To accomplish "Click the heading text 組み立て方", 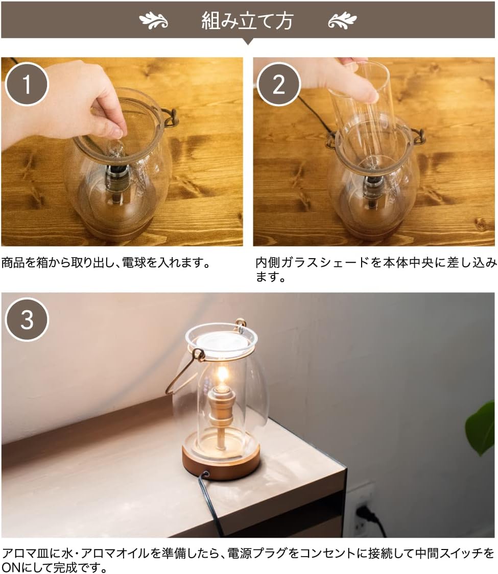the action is coord(247,20).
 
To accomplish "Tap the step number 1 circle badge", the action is coord(27,84).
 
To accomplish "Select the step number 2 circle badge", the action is coord(279,84).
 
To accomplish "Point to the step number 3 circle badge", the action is coord(27,319).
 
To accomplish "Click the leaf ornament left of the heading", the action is coord(154,20).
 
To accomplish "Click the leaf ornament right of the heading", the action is coord(342,20).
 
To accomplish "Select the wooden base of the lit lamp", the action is coord(221,461).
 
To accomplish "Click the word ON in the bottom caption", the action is coord(12,567).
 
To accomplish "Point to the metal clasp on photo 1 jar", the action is coord(170,118).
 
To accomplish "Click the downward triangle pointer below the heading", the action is coord(248,41).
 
